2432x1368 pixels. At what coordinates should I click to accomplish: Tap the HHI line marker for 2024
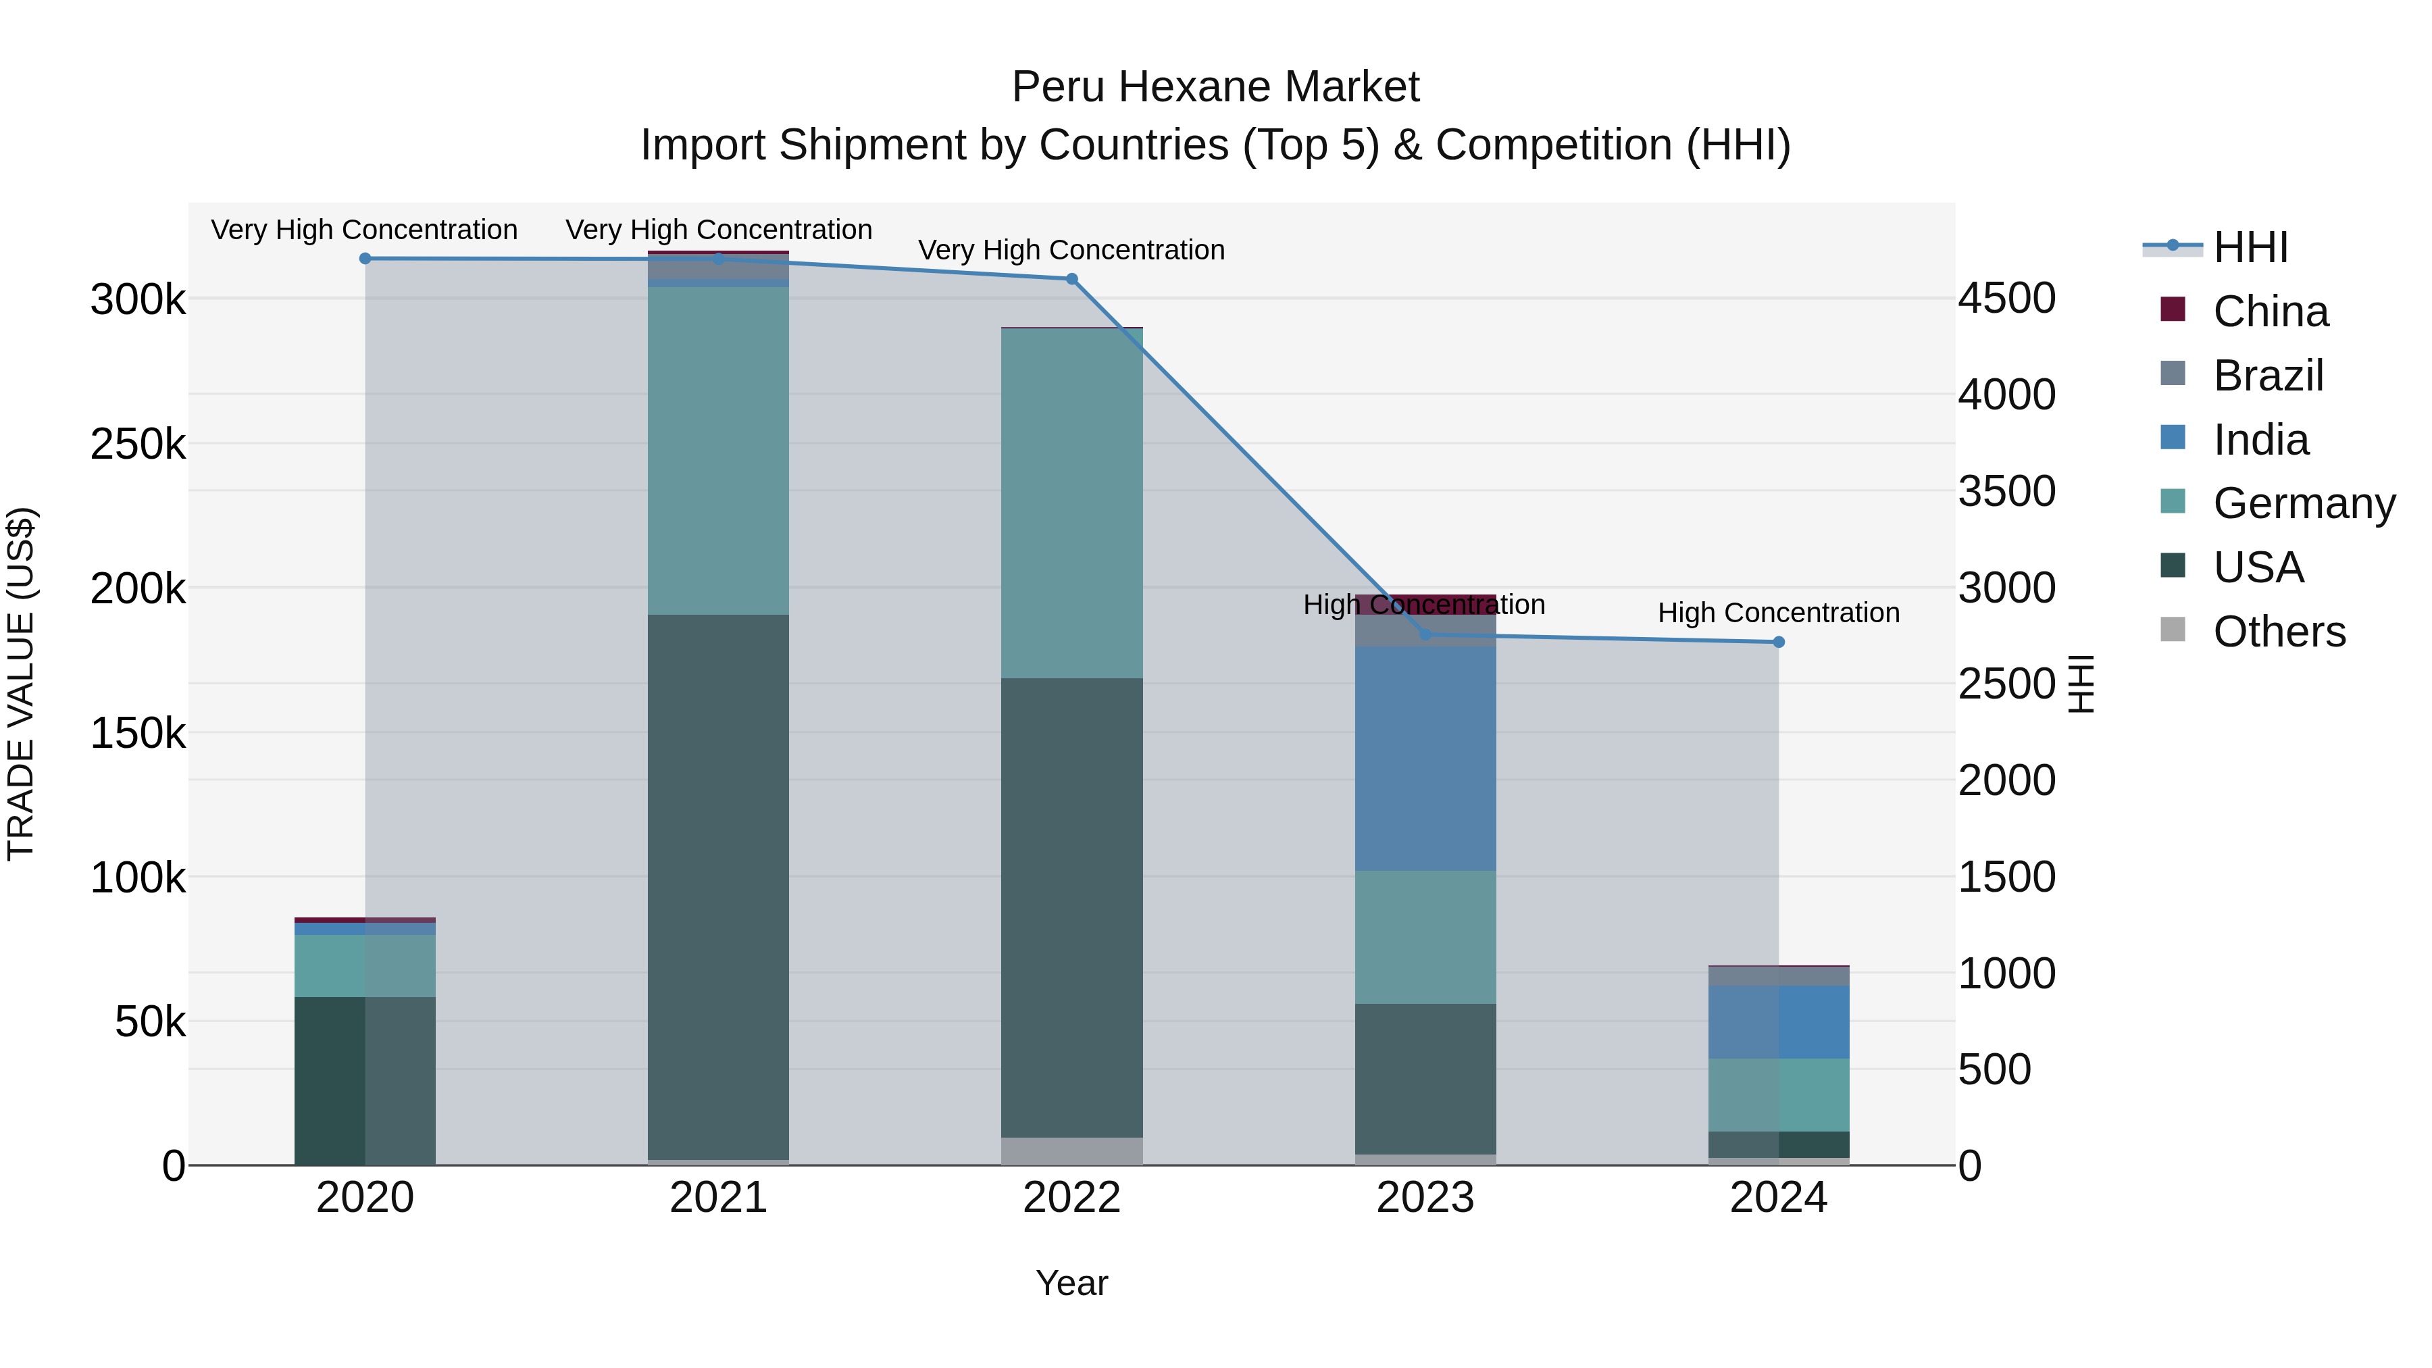coord(1779,642)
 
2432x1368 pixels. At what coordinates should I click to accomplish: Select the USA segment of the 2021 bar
coord(719,888)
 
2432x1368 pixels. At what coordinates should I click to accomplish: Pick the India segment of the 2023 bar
coord(1425,758)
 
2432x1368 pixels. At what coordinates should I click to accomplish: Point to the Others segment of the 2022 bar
coord(1071,1151)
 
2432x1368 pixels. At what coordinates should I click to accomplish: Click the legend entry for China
coord(2270,311)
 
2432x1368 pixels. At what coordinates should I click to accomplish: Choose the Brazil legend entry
coord(2268,376)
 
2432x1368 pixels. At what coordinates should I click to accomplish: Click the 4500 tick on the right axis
coord(2007,299)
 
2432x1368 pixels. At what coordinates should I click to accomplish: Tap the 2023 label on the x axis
coord(1425,1198)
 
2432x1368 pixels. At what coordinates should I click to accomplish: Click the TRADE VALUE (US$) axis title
coord(21,684)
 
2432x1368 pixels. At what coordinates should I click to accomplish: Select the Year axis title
coord(1071,1283)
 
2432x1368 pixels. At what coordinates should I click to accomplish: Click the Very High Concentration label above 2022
coord(1071,250)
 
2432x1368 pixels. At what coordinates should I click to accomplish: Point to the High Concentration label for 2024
coord(1779,613)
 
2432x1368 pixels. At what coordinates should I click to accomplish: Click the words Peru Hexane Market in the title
coord(1215,87)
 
